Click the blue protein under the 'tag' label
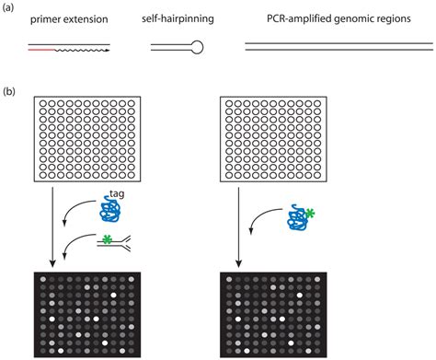[x=111, y=211]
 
